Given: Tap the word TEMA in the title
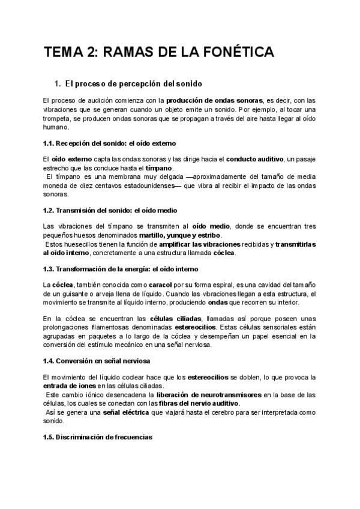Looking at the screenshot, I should (x=63, y=53).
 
